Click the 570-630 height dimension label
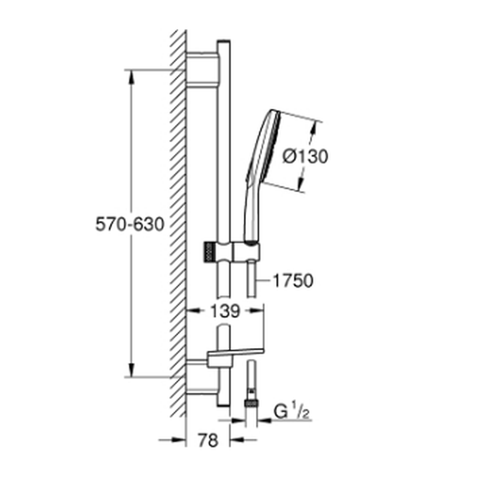pyautogui.click(x=130, y=224)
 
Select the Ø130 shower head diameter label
pyautogui.click(x=305, y=156)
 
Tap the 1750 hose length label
pyautogui.click(x=293, y=280)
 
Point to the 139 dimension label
pyautogui.click(x=225, y=311)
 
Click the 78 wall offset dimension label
pyautogui.click(x=208, y=440)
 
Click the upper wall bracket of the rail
pyautogui.click(x=202, y=70)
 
